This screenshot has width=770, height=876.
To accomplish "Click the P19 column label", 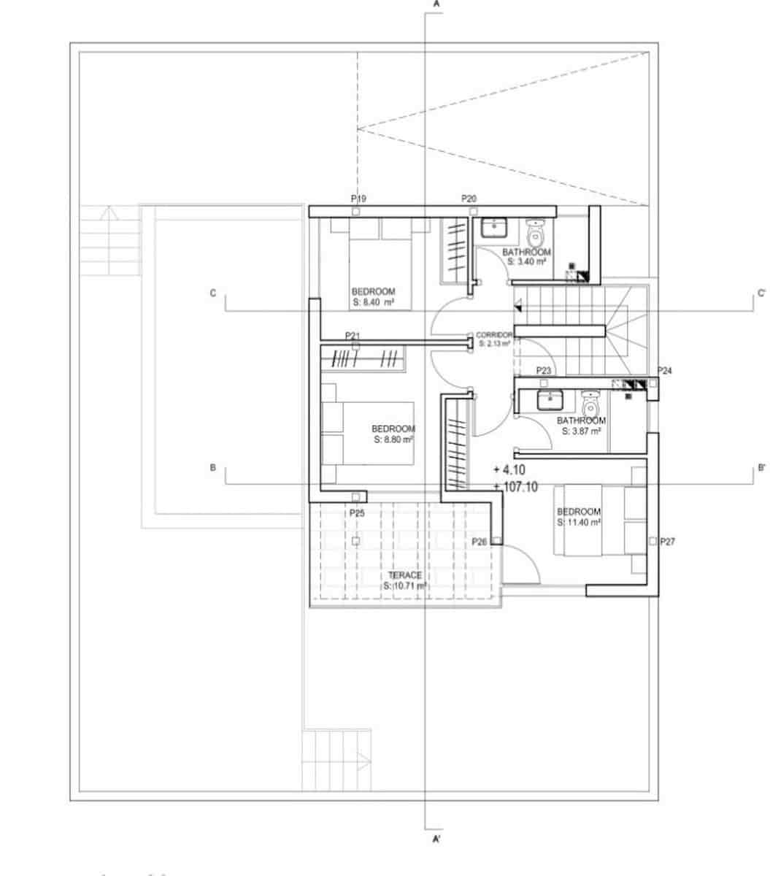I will pos(358,199).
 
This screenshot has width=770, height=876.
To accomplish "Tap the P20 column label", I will pos(469,199).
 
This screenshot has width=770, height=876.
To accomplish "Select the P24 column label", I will pos(664,371).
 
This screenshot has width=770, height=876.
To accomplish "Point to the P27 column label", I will pos(666,542).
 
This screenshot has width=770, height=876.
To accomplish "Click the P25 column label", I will pos(356,514).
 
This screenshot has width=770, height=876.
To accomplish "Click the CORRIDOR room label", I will pos(494,335).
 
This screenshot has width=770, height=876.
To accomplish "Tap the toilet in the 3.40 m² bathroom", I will pos(536,233).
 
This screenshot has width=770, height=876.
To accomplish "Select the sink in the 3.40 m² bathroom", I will pos(495,228).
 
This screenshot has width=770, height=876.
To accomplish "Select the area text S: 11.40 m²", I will pos(578,523).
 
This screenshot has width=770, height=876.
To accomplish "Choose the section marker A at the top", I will pos(436,4).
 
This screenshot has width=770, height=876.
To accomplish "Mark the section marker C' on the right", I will pos(761,293).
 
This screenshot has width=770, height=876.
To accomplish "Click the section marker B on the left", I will pos(212,467).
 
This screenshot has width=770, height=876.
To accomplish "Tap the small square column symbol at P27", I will pos(652,542).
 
